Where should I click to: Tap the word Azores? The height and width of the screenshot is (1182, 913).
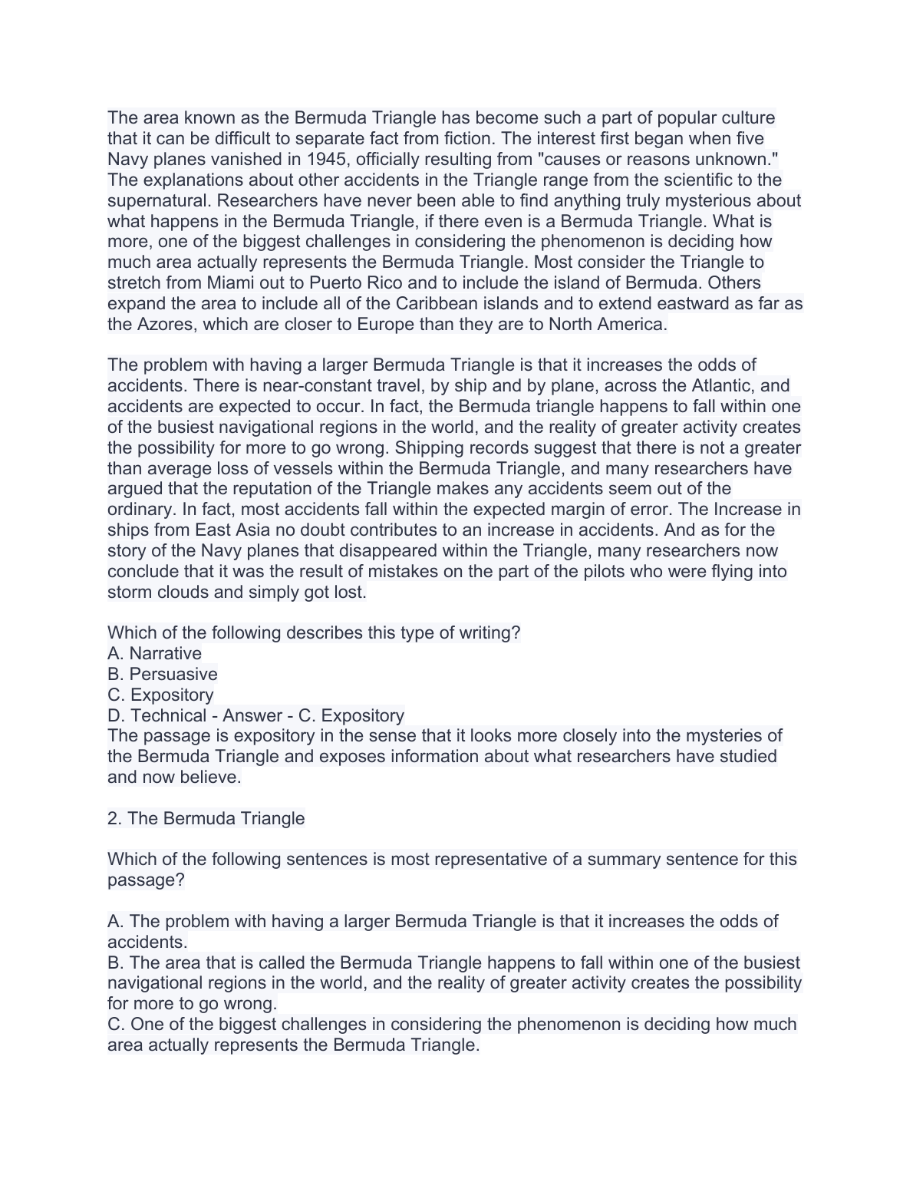(x=165, y=325)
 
